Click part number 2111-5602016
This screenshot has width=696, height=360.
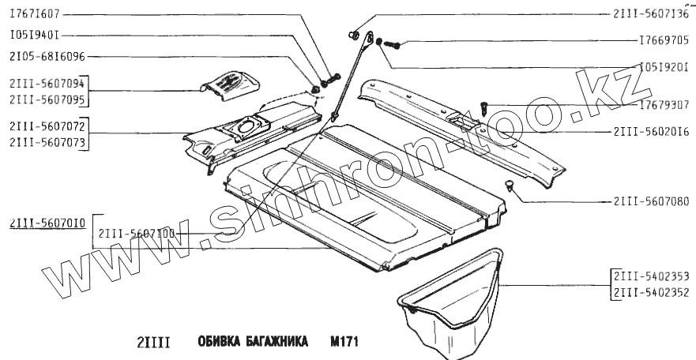[x=649, y=131]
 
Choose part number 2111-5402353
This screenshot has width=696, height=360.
[x=649, y=278]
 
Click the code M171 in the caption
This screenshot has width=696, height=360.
[x=345, y=344]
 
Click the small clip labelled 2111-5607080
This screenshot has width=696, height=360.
[x=510, y=185]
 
